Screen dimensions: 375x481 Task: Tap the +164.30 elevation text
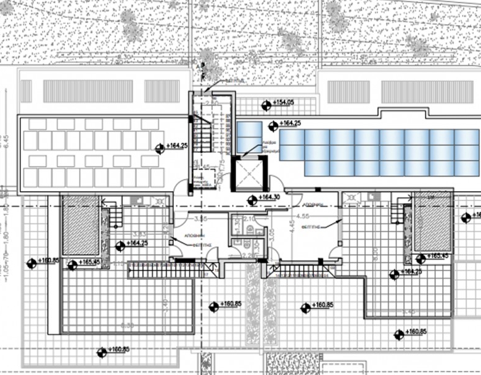(x=269, y=197)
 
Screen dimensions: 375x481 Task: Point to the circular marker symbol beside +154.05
(x=266, y=104)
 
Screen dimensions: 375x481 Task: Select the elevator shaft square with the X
(x=249, y=173)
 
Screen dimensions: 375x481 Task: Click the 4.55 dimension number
(x=302, y=216)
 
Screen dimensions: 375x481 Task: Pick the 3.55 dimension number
(x=200, y=218)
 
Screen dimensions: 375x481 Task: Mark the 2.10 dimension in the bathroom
(x=249, y=218)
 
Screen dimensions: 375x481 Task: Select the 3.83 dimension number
(x=140, y=234)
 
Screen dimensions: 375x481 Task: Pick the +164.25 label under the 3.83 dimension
(x=138, y=244)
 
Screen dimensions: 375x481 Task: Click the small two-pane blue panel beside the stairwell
(x=250, y=138)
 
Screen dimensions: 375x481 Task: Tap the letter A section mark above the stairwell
(x=198, y=65)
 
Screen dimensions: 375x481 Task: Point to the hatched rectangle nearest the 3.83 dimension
(x=81, y=225)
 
